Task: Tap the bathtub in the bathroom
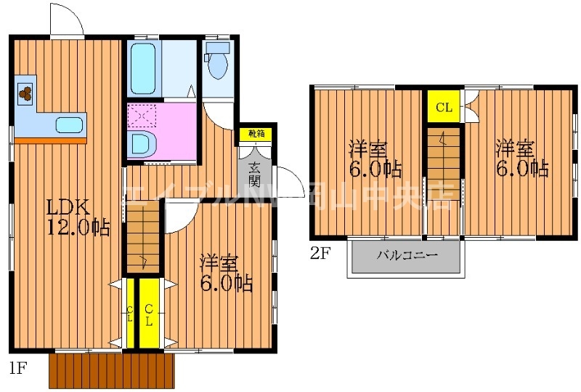point(145,68)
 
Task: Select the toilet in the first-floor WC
point(217,61)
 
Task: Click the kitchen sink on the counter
point(70,125)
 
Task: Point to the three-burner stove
point(25,93)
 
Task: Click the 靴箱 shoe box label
point(256,134)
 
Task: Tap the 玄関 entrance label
point(254,172)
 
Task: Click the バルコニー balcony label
point(407,256)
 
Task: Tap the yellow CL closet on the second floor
point(444,108)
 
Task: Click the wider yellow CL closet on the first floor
point(149,314)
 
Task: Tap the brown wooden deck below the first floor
point(113,370)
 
